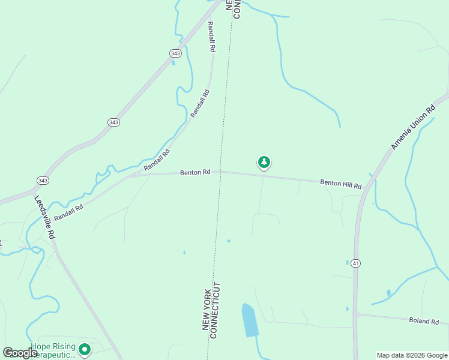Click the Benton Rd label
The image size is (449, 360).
pos(195,172)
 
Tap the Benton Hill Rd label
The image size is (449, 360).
pos(340,184)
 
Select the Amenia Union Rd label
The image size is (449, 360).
pos(413,128)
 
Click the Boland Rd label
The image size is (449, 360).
pos(424,321)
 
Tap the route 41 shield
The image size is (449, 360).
pos(356,263)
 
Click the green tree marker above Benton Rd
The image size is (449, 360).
pos(264,162)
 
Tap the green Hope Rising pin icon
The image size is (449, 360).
pos(85,349)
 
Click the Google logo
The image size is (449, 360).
pos(20,353)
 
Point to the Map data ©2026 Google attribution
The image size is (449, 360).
pos(411,355)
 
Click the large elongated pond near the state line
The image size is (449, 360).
pos(249,320)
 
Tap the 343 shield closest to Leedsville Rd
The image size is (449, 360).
pos(42,180)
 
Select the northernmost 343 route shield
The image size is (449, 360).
pos(175,53)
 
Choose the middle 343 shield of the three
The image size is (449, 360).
pos(113,122)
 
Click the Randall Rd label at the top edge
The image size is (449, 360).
pos(211,37)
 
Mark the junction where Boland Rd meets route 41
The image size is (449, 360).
pos(357,314)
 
